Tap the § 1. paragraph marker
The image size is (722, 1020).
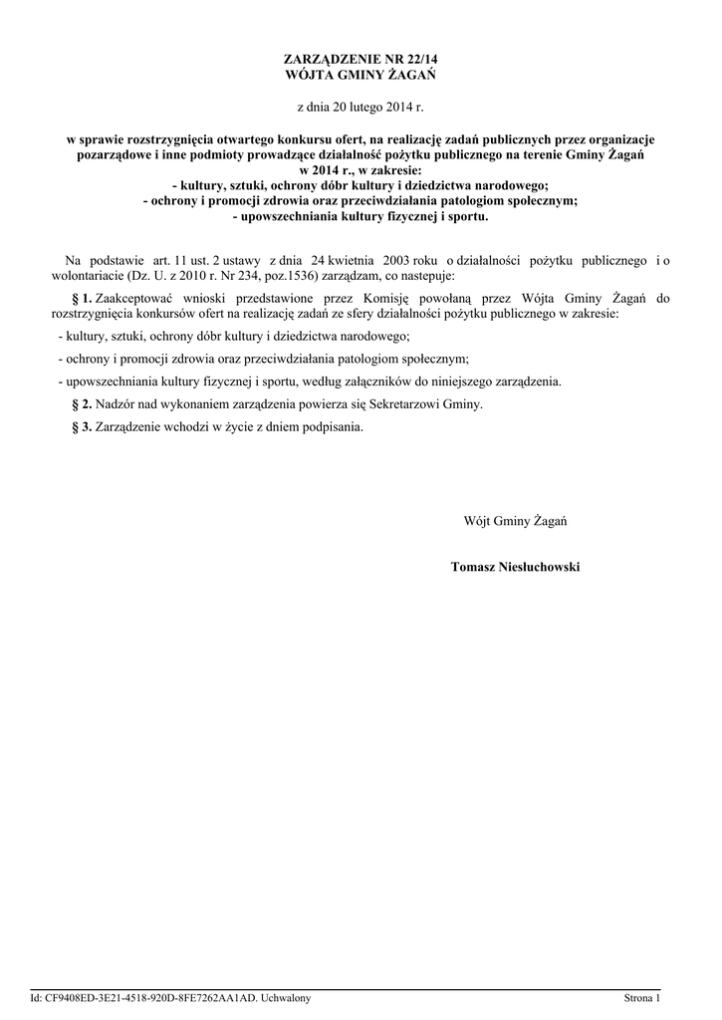(x=83, y=298)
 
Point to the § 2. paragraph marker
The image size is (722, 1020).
(x=83, y=404)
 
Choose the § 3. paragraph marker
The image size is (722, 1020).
(x=83, y=427)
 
